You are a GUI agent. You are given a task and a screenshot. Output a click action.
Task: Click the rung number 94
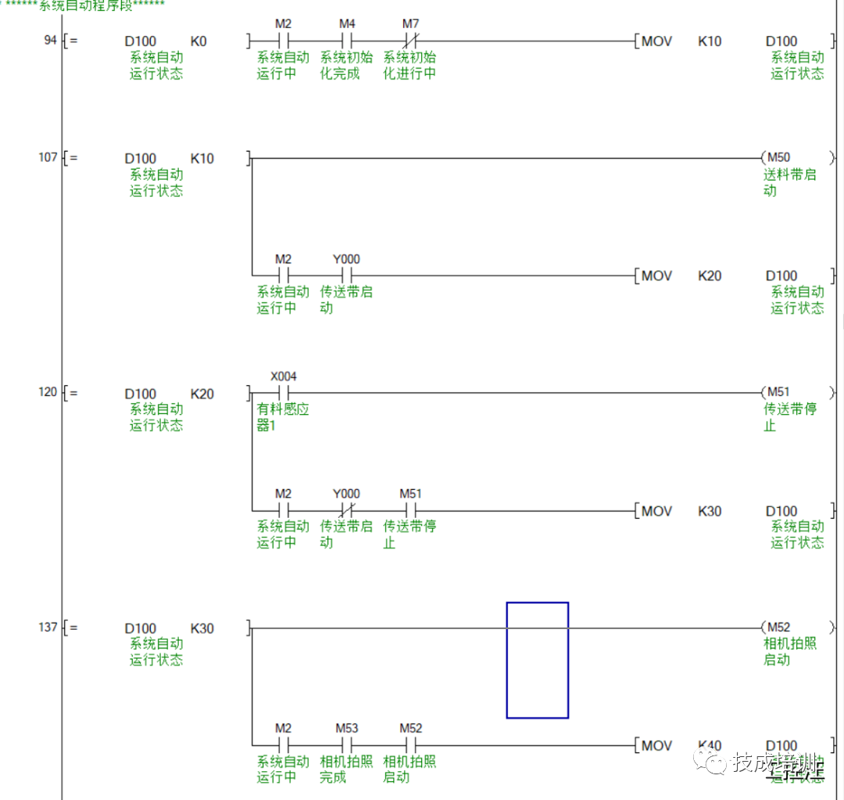[50, 40]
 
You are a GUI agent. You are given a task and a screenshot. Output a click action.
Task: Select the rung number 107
[48, 157]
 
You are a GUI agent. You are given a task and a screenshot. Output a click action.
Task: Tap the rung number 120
[48, 391]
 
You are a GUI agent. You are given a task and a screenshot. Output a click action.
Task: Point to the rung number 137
[48, 627]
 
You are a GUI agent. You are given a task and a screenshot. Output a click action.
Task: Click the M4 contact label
[347, 24]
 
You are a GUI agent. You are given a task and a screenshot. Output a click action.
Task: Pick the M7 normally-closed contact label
[410, 24]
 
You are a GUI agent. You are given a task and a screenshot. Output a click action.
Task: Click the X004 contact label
[284, 377]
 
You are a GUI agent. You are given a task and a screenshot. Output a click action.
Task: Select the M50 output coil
[778, 158]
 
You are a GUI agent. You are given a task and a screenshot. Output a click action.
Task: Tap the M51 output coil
[778, 392]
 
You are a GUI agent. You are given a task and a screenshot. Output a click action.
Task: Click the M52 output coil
[778, 627]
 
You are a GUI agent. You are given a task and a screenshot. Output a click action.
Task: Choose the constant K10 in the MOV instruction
[710, 41]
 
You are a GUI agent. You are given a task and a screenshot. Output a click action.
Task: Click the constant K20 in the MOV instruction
[710, 276]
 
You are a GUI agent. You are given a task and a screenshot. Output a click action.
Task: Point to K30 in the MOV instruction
[710, 511]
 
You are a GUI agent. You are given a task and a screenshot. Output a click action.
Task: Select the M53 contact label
[347, 728]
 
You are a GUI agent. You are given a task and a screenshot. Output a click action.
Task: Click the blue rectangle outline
[537, 603]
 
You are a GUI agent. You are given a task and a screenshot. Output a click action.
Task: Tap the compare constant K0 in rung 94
[198, 41]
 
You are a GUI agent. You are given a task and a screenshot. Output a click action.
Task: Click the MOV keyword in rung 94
[656, 41]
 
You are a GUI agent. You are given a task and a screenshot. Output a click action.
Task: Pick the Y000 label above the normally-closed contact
[346, 494]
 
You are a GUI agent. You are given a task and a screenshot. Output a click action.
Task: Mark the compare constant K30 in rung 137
[202, 628]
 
